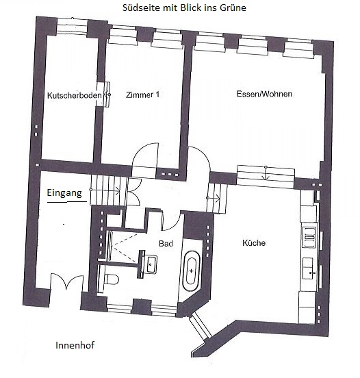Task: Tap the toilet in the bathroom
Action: [112, 278]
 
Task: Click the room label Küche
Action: [253, 243]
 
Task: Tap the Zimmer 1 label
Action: [142, 96]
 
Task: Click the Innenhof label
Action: [74, 345]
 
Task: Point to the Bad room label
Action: [166, 243]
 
